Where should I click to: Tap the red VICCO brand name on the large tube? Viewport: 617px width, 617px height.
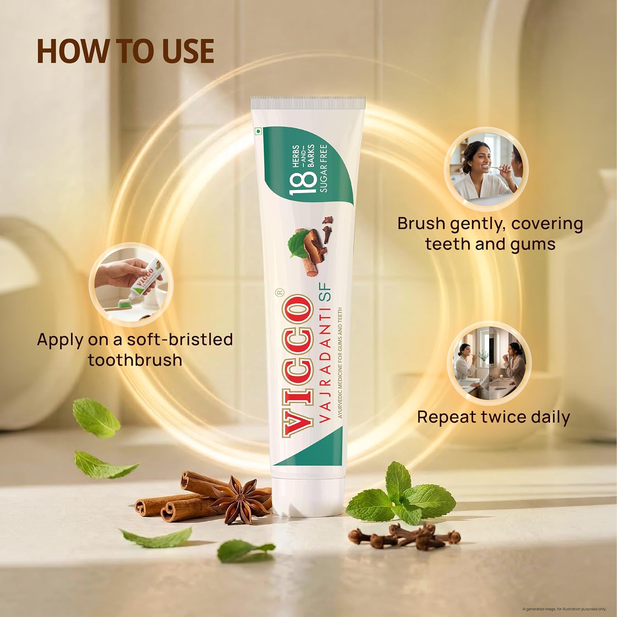pyautogui.click(x=296, y=365)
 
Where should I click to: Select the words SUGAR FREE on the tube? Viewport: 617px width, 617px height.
pyautogui.click(x=323, y=168)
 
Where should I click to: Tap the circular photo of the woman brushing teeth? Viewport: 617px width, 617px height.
pyautogui.click(x=486, y=169)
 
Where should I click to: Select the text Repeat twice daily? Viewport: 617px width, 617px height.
pyautogui.click(x=494, y=417)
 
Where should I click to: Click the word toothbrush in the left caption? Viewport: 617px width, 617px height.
pyautogui.click(x=135, y=360)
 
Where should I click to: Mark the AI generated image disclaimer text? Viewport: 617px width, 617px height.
pyautogui.click(x=564, y=609)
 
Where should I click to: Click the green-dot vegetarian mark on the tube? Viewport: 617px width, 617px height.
pyautogui.click(x=258, y=132)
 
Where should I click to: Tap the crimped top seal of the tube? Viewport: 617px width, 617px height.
pyautogui.click(x=308, y=102)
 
